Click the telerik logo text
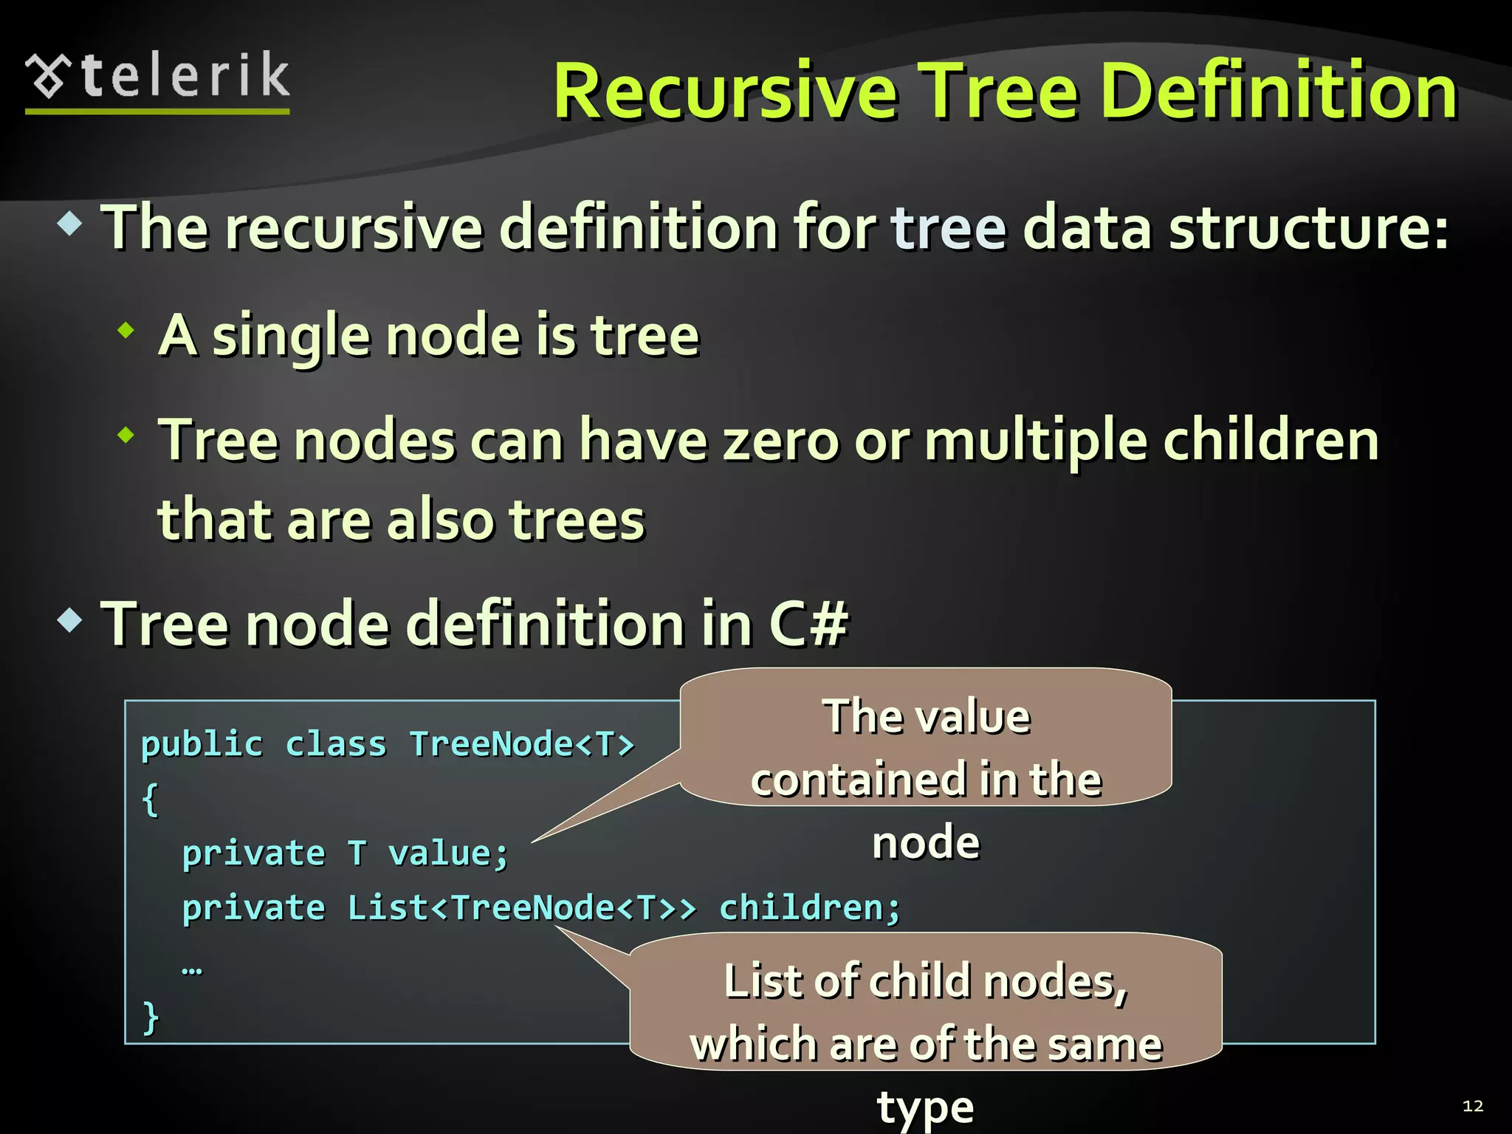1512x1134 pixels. click(x=185, y=76)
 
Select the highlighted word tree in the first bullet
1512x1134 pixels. click(x=949, y=227)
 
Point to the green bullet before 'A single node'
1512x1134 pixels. click(x=127, y=330)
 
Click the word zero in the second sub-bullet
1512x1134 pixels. click(x=781, y=441)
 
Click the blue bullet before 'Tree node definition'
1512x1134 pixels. click(x=70, y=619)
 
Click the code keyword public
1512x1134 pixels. click(x=202, y=744)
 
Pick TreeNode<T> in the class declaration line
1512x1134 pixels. click(x=522, y=744)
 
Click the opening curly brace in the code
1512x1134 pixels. click(x=150, y=800)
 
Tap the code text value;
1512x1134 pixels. click(x=448, y=854)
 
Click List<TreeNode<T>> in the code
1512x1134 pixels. click(x=521, y=908)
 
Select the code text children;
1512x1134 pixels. click(x=810, y=908)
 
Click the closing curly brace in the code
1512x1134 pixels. click(x=150, y=1017)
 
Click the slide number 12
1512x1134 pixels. click(x=1472, y=1106)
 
